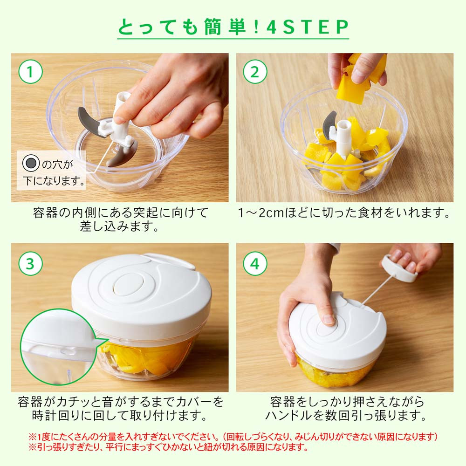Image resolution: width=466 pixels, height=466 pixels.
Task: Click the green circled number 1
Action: tap(30, 72)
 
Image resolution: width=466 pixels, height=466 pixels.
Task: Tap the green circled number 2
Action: tap(255, 72)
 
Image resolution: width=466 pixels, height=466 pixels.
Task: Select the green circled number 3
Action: tap(30, 264)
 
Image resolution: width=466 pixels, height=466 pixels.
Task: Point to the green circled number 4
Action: tap(255, 264)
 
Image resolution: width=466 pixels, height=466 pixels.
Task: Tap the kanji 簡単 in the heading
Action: tap(225, 27)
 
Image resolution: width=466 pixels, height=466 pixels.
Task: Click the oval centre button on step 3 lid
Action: tap(129, 284)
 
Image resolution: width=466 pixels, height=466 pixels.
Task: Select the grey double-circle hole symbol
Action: tap(31, 163)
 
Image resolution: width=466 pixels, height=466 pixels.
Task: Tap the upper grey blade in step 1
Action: tap(89, 122)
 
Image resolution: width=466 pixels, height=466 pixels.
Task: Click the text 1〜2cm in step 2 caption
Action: tap(261, 213)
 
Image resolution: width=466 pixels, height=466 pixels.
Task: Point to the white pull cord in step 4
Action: tap(377, 289)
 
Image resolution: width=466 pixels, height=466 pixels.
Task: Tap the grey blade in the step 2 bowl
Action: tap(329, 125)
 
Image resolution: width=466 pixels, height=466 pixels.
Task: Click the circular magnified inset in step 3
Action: tap(56, 347)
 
